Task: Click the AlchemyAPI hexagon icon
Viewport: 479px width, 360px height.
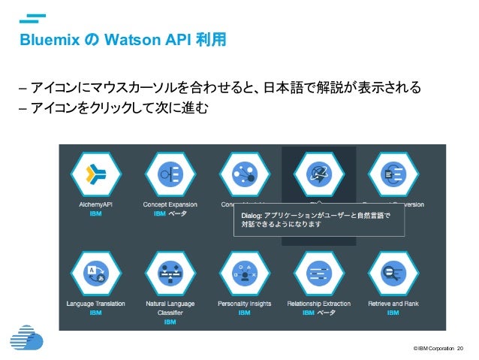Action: click(96, 174)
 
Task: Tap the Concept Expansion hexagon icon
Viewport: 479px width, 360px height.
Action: click(170, 174)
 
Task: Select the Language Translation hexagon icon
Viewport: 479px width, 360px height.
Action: click(96, 274)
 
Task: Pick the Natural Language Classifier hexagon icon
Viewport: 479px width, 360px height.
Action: click(170, 274)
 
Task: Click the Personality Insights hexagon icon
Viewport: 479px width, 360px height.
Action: click(244, 274)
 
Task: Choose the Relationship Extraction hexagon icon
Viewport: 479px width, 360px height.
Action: click(318, 274)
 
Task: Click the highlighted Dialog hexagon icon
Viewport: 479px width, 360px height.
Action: click(318, 174)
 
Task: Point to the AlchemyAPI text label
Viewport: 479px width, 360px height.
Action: click(96, 204)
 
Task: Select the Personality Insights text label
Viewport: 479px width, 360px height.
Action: click(244, 304)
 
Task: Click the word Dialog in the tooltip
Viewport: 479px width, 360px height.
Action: click(251, 215)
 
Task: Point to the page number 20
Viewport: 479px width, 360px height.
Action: click(460, 348)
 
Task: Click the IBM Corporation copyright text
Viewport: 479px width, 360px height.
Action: click(433, 348)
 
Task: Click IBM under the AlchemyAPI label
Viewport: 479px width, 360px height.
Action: click(96, 213)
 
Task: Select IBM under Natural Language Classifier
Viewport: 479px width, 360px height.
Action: click(170, 322)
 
